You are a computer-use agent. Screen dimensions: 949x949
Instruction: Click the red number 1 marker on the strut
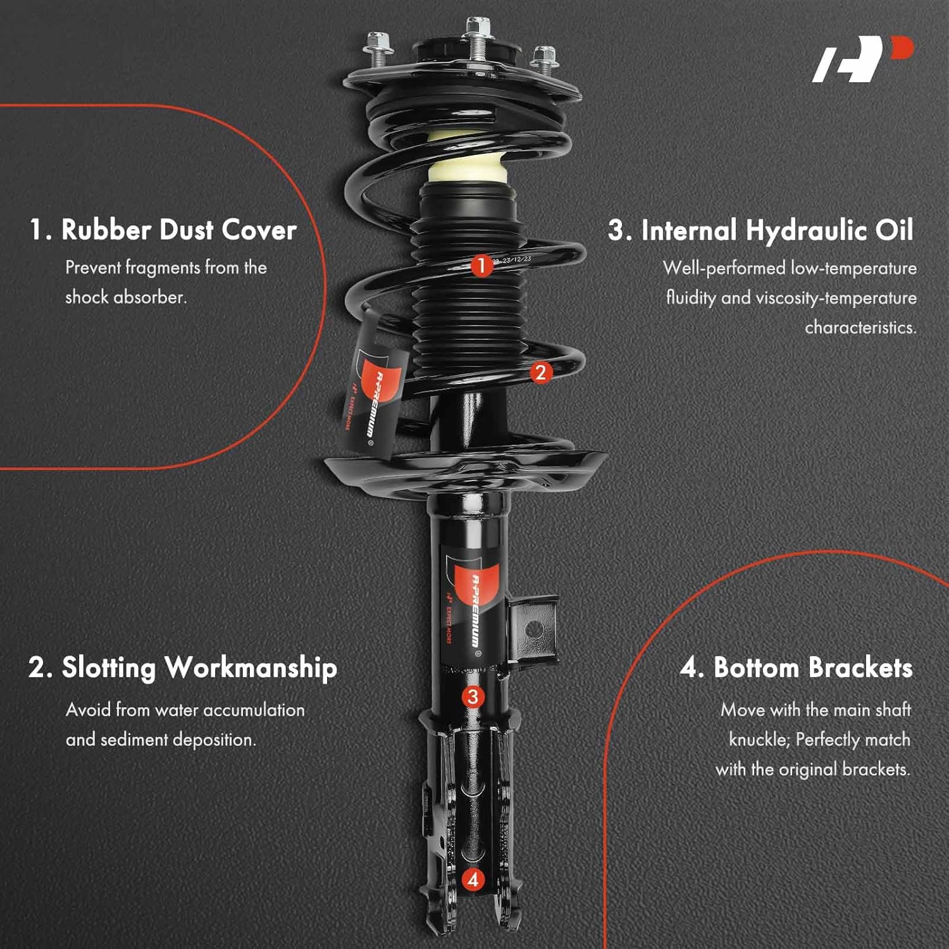pos(481,265)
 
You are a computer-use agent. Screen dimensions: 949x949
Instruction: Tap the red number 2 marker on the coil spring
pos(540,372)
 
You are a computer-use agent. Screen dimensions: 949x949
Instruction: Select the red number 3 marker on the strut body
pos(473,697)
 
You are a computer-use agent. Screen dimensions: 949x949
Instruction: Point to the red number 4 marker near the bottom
pos(473,879)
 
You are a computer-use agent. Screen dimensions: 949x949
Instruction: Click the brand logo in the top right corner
pos(863,59)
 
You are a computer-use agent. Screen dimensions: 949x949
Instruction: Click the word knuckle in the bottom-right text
pos(758,740)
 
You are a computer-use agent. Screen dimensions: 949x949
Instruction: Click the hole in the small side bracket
pos(535,630)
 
